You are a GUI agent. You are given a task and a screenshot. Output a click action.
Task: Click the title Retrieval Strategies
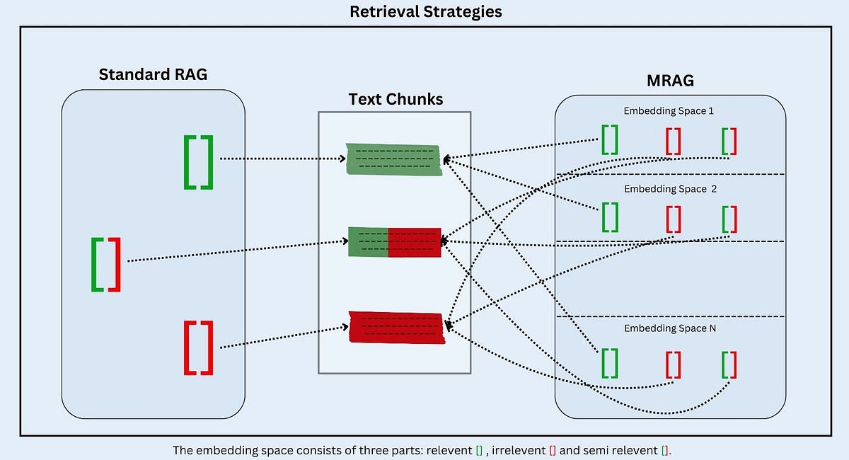pos(424,12)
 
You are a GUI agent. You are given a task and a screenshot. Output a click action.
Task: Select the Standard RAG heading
pos(153,74)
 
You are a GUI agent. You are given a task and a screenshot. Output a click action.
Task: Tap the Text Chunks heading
pos(395,99)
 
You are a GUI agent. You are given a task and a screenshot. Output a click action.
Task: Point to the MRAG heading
pos(670,81)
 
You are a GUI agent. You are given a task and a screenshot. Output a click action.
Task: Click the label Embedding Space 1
pos(669,111)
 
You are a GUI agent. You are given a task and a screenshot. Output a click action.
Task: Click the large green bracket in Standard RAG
pos(198,162)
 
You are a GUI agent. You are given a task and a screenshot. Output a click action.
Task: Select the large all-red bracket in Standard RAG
pos(198,347)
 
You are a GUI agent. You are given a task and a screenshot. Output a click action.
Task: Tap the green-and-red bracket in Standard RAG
pos(106,264)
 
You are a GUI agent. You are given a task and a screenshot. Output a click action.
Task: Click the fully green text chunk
pos(394,160)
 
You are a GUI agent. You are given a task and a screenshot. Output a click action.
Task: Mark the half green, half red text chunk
pos(395,243)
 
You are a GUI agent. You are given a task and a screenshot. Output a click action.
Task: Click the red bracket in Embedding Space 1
pos(673,140)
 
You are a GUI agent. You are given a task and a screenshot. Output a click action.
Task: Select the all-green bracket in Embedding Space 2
pos(609,218)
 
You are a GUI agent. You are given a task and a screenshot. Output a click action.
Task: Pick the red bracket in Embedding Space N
pos(673,364)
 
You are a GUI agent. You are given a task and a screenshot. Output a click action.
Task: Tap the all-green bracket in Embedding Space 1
pos(609,140)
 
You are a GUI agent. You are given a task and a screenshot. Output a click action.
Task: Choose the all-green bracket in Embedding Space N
pos(609,364)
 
